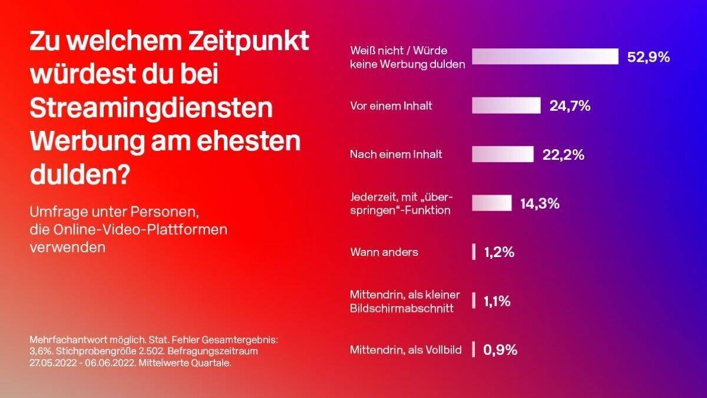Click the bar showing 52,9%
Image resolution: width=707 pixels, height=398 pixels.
coord(545,57)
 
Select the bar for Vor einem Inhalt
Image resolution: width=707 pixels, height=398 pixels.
coord(506,106)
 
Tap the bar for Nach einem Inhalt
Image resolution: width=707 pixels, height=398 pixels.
coord(503,154)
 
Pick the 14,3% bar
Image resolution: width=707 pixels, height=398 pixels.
coord(491,203)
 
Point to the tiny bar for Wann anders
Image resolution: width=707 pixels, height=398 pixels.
coord(474,252)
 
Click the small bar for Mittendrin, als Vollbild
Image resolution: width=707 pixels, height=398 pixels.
coord(474,350)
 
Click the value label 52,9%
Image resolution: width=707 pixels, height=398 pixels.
coord(649,57)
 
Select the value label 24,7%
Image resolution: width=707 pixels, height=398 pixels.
coord(570,106)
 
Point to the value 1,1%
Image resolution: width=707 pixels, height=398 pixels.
coord(497,301)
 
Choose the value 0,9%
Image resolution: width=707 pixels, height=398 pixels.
coord(500,350)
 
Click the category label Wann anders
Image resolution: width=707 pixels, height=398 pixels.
coord(384,252)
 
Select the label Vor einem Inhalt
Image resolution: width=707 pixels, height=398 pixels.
coord(391,106)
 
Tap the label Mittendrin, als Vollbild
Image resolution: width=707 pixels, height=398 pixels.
coord(406,350)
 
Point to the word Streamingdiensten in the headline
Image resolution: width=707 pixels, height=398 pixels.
coord(151,110)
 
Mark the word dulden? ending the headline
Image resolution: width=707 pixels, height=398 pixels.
coord(80,176)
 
